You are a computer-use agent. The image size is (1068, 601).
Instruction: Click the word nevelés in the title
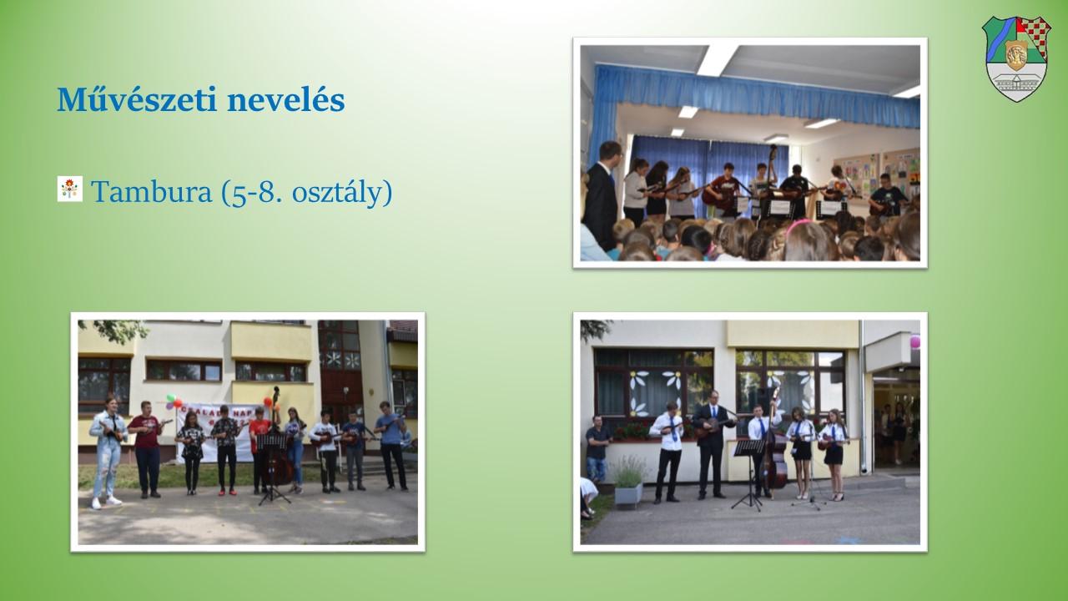(285, 99)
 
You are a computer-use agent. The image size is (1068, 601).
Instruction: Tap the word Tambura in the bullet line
(152, 192)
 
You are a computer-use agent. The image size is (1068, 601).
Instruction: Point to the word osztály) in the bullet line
(342, 193)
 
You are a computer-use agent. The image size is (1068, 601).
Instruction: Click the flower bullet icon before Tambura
(69, 189)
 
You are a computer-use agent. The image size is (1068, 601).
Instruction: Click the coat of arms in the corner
(1016, 58)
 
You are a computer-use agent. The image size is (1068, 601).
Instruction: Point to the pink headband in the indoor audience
(800, 225)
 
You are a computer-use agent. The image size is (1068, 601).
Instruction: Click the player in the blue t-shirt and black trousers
(391, 446)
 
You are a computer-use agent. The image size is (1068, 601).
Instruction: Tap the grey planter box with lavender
(628, 494)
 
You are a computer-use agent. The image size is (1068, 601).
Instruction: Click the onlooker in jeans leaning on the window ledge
(597, 449)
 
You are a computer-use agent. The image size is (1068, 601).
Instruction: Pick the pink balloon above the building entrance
(915, 341)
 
